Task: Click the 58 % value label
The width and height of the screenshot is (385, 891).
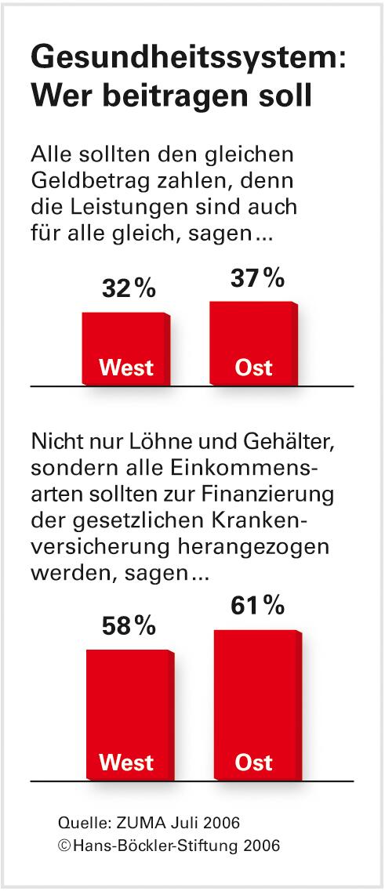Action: (x=129, y=626)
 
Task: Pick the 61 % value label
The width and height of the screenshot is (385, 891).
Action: (x=257, y=606)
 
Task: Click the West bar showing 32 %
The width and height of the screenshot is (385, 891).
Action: (x=125, y=349)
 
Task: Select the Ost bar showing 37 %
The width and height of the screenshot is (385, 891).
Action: (x=253, y=343)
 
